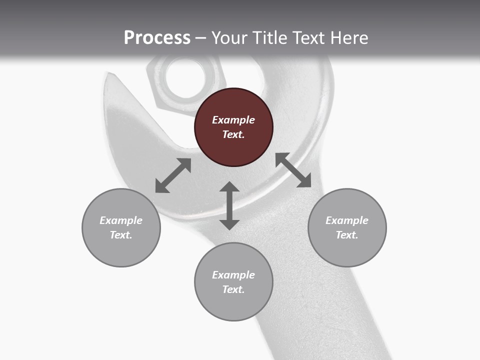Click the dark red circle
(233, 127)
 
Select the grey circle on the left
(121, 227)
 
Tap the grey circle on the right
(347, 227)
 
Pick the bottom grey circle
(233, 282)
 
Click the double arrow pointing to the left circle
(173, 175)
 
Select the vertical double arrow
(229, 205)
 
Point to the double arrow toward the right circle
(293, 170)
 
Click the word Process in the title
(157, 37)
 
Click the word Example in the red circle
(233, 120)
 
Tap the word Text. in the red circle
(233, 134)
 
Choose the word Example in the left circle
(121, 220)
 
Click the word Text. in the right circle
(347, 235)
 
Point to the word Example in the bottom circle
(233, 275)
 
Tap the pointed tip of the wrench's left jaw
(108, 74)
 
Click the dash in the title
(200, 38)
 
